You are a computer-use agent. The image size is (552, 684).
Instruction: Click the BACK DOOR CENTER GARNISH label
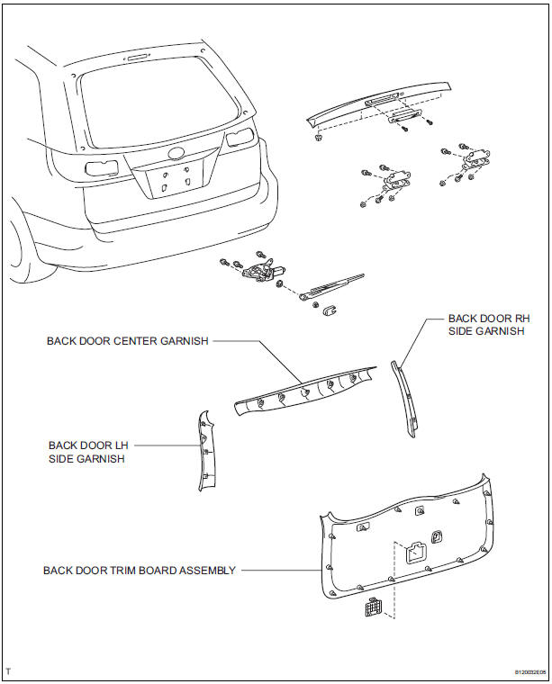point(128,341)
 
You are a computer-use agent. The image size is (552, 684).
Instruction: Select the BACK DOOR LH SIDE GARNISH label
point(87,452)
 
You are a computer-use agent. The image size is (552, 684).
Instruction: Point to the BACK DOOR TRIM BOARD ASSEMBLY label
point(140,570)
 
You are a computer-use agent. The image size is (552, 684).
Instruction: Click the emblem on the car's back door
point(176,152)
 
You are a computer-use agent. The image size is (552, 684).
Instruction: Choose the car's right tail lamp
point(240,138)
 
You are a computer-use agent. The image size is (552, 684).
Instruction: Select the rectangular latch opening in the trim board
point(416,553)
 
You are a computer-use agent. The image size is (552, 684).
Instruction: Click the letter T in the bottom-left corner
point(8,670)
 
